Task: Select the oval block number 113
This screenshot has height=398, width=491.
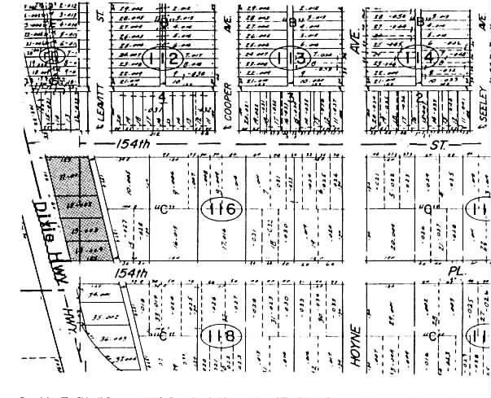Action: [292, 58]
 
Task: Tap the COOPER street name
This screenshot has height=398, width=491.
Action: [229, 112]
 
